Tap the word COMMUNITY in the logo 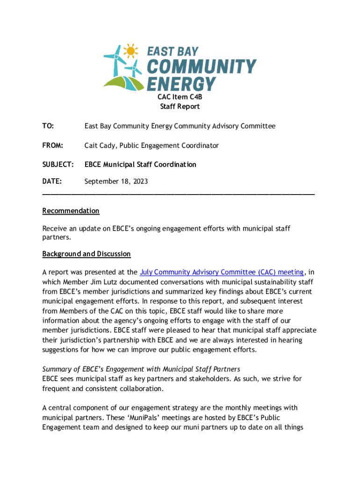click(x=202, y=67)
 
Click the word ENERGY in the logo click(x=181, y=84)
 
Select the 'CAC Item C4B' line click(x=180, y=97)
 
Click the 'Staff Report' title click(x=180, y=106)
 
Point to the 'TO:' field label click(x=48, y=126)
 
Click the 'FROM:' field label click(x=53, y=145)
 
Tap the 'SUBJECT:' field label click(x=58, y=165)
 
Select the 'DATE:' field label click(x=53, y=181)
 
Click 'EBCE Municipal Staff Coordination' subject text click(x=140, y=165)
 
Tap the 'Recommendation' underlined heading click(x=71, y=211)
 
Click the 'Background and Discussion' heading click(x=86, y=254)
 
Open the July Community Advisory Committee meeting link click(x=222, y=272)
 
